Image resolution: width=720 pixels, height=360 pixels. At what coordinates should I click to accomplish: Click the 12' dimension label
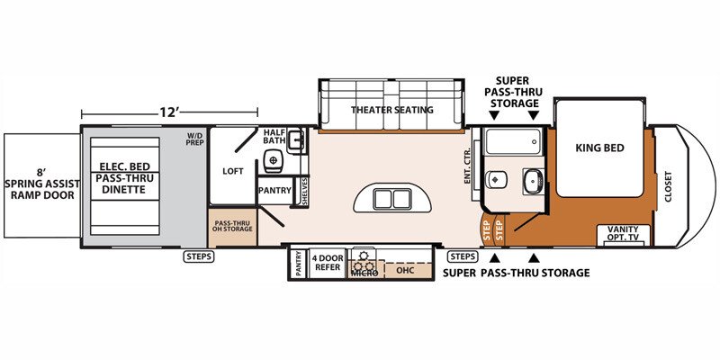(169, 112)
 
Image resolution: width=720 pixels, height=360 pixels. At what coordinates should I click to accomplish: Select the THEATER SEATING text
(392, 110)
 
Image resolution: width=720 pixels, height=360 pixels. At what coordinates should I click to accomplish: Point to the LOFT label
(233, 171)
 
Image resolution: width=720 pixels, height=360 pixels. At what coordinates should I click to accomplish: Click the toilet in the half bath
(274, 160)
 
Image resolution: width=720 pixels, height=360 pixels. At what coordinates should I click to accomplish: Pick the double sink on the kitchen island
(392, 199)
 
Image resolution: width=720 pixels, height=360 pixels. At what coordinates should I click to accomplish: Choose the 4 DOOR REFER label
(327, 263)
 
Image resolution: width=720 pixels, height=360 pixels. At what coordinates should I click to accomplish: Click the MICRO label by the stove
(364, 274)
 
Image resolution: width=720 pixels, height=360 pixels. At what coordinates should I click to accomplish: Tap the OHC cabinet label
(405, 270)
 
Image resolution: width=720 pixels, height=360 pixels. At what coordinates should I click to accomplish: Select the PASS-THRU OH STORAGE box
(232, 228)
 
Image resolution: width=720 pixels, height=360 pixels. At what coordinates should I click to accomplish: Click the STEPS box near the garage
(200, 256)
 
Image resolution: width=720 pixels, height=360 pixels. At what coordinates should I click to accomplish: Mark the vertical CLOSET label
(668, 186)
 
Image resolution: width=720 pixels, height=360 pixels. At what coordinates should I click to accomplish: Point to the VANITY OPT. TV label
(623, 233)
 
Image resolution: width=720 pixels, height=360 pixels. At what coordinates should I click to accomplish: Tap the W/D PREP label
(194, 139)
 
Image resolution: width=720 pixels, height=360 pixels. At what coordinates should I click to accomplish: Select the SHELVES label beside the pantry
(304, 191)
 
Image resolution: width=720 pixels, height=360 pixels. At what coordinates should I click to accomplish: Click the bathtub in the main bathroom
(512, 141)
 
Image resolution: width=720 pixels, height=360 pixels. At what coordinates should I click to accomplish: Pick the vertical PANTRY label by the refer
(299, 265)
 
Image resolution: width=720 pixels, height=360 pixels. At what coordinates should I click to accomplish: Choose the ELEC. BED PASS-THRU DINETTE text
(125, 178)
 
